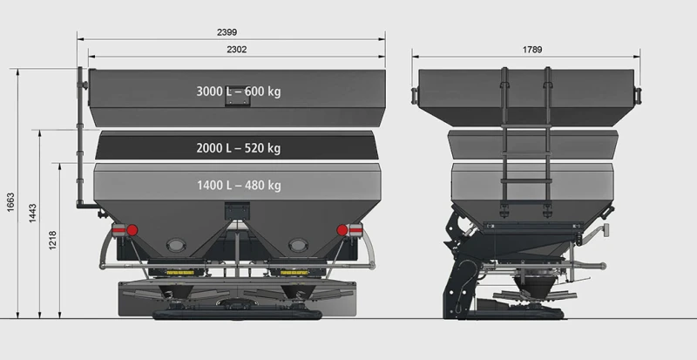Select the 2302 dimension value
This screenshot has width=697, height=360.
click(x=235, y=50)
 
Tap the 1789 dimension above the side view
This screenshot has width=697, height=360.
click(x=532, y=50)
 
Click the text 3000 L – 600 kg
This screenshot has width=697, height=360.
click(x=238, y=91)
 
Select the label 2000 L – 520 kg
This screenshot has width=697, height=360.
click(x=238, y=148)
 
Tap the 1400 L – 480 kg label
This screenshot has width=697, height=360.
click(x=238, y=185)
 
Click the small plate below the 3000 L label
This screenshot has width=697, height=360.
click(x=235, y=103)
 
